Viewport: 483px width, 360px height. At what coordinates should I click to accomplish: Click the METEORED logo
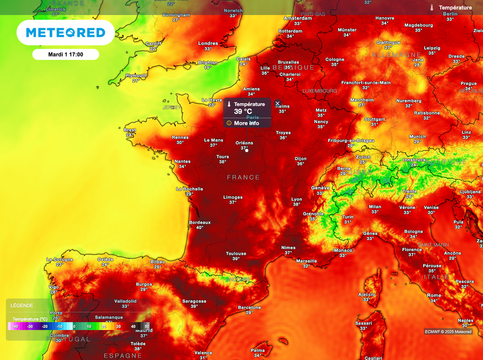pos(66,33)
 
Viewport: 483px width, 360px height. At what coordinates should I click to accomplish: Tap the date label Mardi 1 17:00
pos(66,54)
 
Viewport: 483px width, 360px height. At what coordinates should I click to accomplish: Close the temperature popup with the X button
pos(277,103)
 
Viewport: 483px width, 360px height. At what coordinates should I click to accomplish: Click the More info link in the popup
pos(246,123)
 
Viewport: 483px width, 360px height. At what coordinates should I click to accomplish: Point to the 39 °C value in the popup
pos(243,112)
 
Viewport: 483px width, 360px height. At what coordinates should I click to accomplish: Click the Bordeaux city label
pos(200,222)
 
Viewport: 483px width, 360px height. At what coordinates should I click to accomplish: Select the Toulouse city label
pos(236,253)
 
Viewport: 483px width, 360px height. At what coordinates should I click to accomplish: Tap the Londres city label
pos(208,43)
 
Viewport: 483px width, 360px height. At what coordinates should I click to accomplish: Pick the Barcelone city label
pos(250,307)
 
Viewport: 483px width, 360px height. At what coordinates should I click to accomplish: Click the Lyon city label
pos(297,199)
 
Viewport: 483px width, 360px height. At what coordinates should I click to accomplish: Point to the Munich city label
pos(417,136)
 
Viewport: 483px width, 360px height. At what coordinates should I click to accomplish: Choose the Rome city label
pos(434,295)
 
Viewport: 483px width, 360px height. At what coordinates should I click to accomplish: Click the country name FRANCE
pos(243,177)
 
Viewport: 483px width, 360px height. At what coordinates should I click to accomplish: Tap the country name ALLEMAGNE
pos(396,55)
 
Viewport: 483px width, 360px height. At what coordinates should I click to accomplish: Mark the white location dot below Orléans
pos(247,151)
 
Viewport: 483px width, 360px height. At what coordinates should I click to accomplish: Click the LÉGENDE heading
pos(22,306)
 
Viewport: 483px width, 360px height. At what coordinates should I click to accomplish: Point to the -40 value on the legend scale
pos(16,326)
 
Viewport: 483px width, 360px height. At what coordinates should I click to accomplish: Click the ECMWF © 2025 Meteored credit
pos(448,332)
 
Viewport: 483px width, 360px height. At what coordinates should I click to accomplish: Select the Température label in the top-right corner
pos(455,8)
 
